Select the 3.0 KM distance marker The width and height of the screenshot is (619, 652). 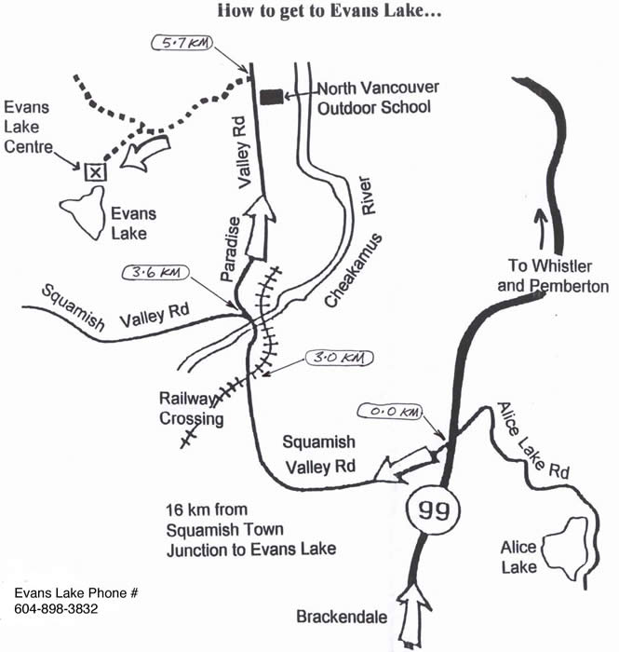tap(340, 358)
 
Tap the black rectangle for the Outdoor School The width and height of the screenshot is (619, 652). tap(272, 95)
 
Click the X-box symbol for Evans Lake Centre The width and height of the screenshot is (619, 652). tap(93, 171)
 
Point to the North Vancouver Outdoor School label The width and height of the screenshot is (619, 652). tap(378, 98)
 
